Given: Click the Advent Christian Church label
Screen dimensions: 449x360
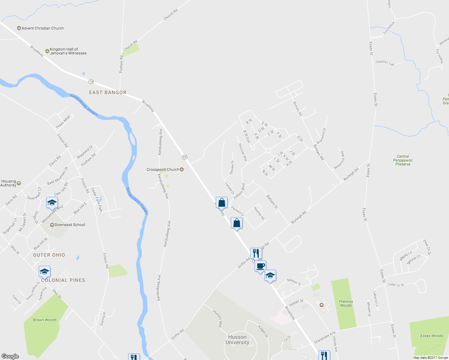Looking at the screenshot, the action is [43, 28].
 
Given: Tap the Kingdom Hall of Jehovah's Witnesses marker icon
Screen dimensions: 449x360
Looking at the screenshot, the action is [47, 51].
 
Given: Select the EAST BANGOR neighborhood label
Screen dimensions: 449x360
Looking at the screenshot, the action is [108, 92].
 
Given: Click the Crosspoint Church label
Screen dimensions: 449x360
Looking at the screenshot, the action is [163, 169].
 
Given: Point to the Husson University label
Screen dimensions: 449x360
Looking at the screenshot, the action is [237, 340].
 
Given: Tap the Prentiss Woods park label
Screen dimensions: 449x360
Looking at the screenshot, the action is [346, 304].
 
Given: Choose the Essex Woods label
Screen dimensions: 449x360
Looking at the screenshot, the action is [432, 336].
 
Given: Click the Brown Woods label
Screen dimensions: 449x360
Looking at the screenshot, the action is [45, 320].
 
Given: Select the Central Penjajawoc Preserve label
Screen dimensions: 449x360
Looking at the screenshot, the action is [403, 160].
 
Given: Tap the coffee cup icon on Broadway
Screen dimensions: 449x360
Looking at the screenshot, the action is [261, 266].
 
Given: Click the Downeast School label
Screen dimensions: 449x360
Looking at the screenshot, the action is [70, 225].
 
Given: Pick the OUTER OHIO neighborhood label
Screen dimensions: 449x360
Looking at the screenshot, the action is [49, 255].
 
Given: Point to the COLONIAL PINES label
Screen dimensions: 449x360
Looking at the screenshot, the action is [63, 280].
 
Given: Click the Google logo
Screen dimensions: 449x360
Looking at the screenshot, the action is [10, 356].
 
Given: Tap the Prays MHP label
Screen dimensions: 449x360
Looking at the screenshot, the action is [63, 122].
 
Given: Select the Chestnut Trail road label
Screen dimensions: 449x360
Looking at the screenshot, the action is [385, 63].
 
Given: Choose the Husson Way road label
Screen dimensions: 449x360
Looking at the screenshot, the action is [218, 318].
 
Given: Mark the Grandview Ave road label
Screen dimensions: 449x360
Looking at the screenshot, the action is [324, 337].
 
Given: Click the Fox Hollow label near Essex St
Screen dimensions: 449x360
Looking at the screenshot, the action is [389, 28].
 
